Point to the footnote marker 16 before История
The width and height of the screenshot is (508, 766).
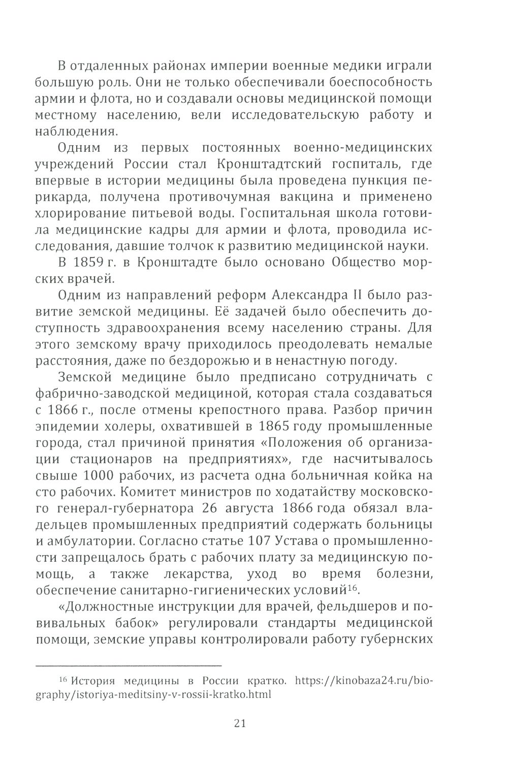coord(63,680)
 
